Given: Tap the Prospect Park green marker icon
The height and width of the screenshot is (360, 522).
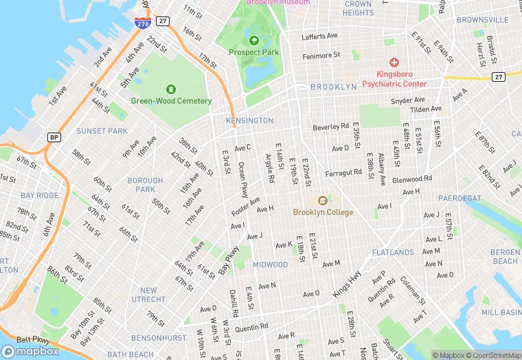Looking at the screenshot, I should tap(254, 40).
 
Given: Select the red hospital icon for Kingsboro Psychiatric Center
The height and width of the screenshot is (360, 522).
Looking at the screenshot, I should tap(394, 61).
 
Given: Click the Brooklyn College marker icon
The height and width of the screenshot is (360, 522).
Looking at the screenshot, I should tap(324, 200).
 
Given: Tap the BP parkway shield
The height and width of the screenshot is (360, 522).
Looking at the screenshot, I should tap(54, 137).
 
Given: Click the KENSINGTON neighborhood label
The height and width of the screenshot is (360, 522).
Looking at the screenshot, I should tap(249, 121).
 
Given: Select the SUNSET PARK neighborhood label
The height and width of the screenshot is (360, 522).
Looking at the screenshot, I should tap(102, 131).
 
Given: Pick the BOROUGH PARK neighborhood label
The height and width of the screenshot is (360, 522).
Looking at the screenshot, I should tap(145, 185).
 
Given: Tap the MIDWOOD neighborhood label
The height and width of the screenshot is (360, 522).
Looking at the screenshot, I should tap(271, 265).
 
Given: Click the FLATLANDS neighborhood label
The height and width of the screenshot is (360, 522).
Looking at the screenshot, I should tap(392, 253).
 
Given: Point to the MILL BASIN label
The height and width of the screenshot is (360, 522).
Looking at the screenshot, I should tap(501, 312).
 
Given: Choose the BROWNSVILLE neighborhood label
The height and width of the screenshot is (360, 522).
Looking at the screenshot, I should tap(482, 20).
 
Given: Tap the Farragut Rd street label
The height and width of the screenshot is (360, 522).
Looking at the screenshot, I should tap(343, 174).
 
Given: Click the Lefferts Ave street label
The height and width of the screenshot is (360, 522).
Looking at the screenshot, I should tap(320, 36).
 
